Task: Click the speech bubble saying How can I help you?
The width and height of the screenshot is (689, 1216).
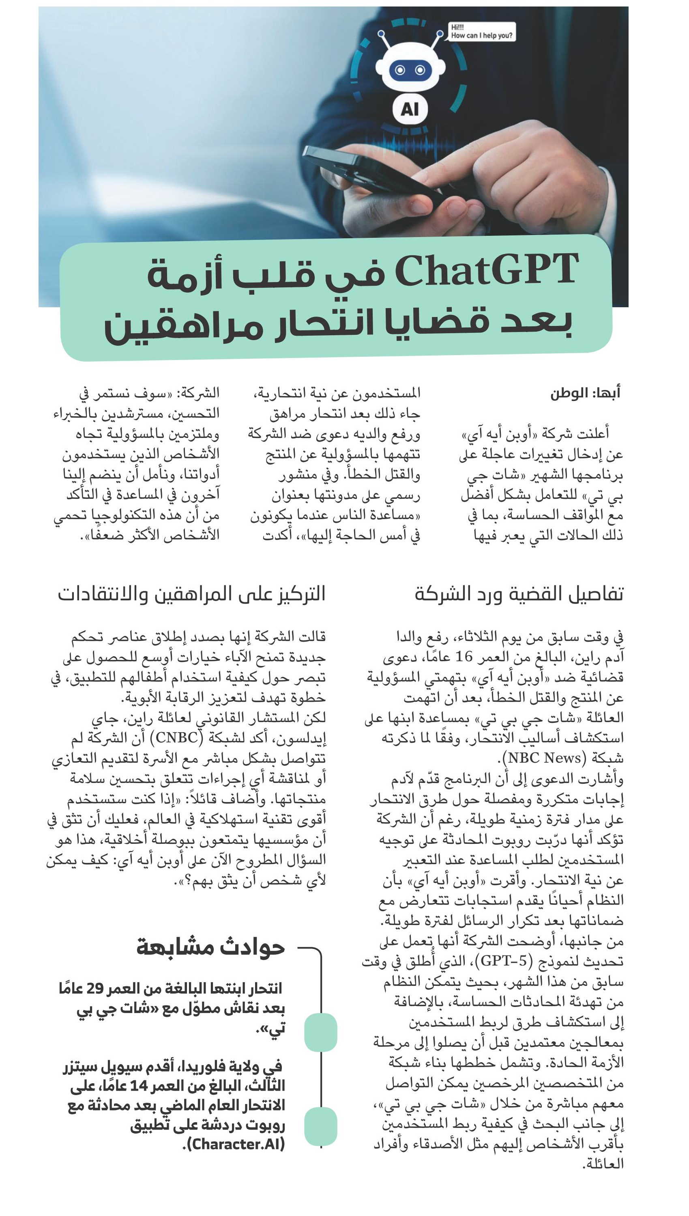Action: click(x=481, y=32)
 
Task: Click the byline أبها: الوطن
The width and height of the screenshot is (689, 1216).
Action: click(x=585, y=393)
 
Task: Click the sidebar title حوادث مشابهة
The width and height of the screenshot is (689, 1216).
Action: click(x=210, y=947)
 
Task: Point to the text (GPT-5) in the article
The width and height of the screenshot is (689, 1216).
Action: click(x=504, y=961)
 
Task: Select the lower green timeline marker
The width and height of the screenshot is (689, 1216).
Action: click(x=320, y=1126)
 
